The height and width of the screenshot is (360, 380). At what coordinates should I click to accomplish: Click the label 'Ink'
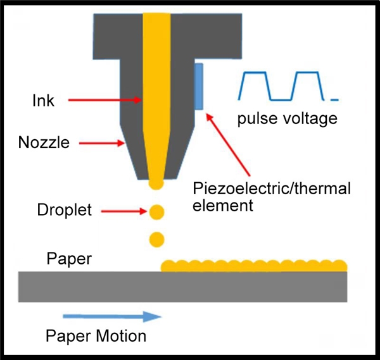click(x=43, y=101)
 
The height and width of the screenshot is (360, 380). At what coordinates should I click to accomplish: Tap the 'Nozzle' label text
click(x=44, y=142)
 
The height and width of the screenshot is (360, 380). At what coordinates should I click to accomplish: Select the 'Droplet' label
click(x=65, y=209)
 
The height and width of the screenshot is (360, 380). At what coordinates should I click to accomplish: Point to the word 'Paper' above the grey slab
click(x=69, y=259)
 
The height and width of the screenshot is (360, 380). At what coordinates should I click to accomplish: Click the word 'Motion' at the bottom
click(x=121, y=336)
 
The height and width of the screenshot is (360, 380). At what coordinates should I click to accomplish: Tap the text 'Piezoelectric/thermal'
click(x=272, y=189)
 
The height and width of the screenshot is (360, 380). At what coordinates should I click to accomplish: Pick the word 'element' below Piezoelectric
click(x=223, y=205)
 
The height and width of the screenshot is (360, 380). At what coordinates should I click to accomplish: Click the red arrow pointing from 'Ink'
click(x=104, y=100)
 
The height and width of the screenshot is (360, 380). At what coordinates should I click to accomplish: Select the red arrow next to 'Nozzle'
click(x=102, y=143)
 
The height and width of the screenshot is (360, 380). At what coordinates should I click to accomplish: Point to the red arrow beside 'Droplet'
click(x=124, y=211)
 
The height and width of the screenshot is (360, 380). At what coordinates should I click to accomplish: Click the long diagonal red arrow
click(x=228, y=144)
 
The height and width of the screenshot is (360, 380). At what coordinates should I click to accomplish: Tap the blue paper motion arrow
click(x=112, y=316)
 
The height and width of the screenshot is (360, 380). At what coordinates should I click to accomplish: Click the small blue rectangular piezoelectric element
click(x=199, y=87)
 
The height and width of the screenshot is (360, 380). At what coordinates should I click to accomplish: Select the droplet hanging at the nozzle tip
click(x=156, y=183)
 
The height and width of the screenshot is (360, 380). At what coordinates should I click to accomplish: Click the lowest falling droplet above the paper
click(x=157, y=239)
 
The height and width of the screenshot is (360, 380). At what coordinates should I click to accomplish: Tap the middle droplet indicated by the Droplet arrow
click(x=157, y=212)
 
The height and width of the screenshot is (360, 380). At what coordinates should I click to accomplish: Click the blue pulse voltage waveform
click(x=281, y=86)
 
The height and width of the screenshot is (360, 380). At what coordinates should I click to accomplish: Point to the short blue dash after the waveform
click(x=334, y=99)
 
